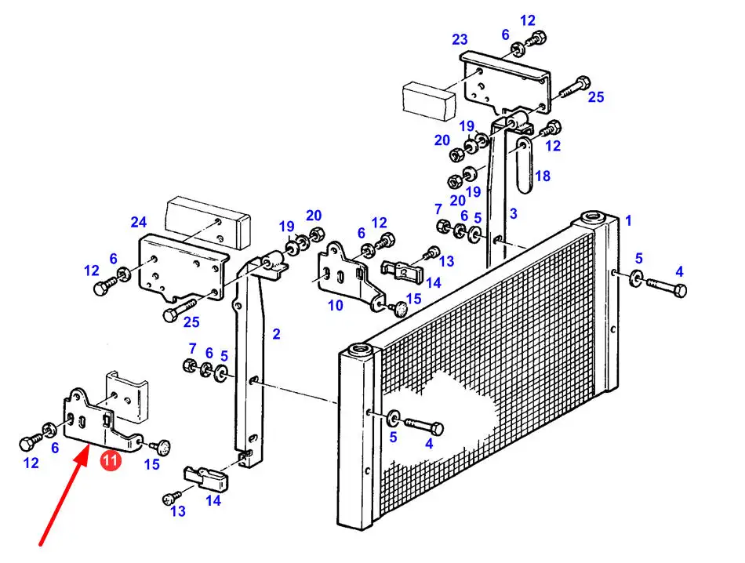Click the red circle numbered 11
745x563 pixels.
tap(111, 462)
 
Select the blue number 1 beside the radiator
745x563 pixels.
tap(627, 221)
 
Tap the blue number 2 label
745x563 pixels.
tap(276, 334)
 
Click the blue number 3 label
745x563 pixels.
tap(513, 213)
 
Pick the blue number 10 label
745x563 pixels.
tap(336, 305)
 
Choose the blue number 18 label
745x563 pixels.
tap(542, 176)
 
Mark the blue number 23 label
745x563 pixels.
tap(460, 39)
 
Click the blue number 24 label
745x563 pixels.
tap(139, 221)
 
